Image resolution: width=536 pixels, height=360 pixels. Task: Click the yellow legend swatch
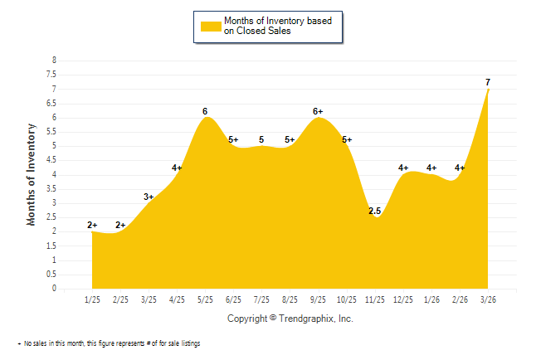coord(211,26)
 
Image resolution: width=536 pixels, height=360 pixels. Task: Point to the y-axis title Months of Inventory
coord(32,174)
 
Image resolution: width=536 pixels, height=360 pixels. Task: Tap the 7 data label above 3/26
coord(488,82)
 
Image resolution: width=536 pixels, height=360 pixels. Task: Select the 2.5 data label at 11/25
coord(374,212)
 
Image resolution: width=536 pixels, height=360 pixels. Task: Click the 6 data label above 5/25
coord(205,111)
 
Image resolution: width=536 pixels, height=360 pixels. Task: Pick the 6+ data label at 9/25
coord(318,111)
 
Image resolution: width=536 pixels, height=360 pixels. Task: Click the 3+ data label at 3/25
coord(149,197)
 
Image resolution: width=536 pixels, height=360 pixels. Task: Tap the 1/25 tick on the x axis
coord(92,299)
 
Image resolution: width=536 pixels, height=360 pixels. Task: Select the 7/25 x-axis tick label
coord(261,299)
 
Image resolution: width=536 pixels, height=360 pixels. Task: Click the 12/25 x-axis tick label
coord(402,299)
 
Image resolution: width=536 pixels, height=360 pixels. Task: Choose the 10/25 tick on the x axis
coord(346,299)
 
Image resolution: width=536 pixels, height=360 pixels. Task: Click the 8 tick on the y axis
coord(54,61)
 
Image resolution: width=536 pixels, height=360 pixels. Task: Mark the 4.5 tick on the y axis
coord(52,160)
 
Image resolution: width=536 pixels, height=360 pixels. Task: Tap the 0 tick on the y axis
coord(54,289)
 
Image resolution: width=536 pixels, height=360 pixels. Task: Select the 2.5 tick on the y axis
coord(52,217)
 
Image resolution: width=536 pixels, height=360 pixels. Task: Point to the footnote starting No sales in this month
coord(111,343)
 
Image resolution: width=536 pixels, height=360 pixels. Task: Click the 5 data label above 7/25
coord(261,139)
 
